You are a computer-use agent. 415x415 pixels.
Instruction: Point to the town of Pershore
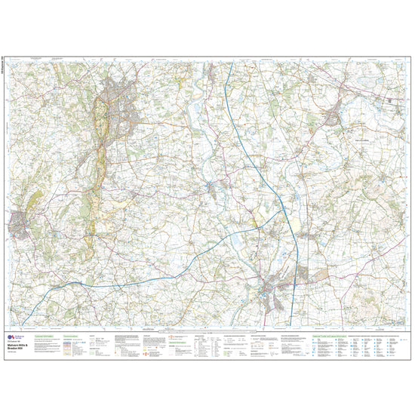click(333, 118)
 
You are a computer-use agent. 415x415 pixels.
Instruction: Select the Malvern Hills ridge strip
click(97, 151)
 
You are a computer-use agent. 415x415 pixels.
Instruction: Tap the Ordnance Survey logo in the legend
click(10, 337)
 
